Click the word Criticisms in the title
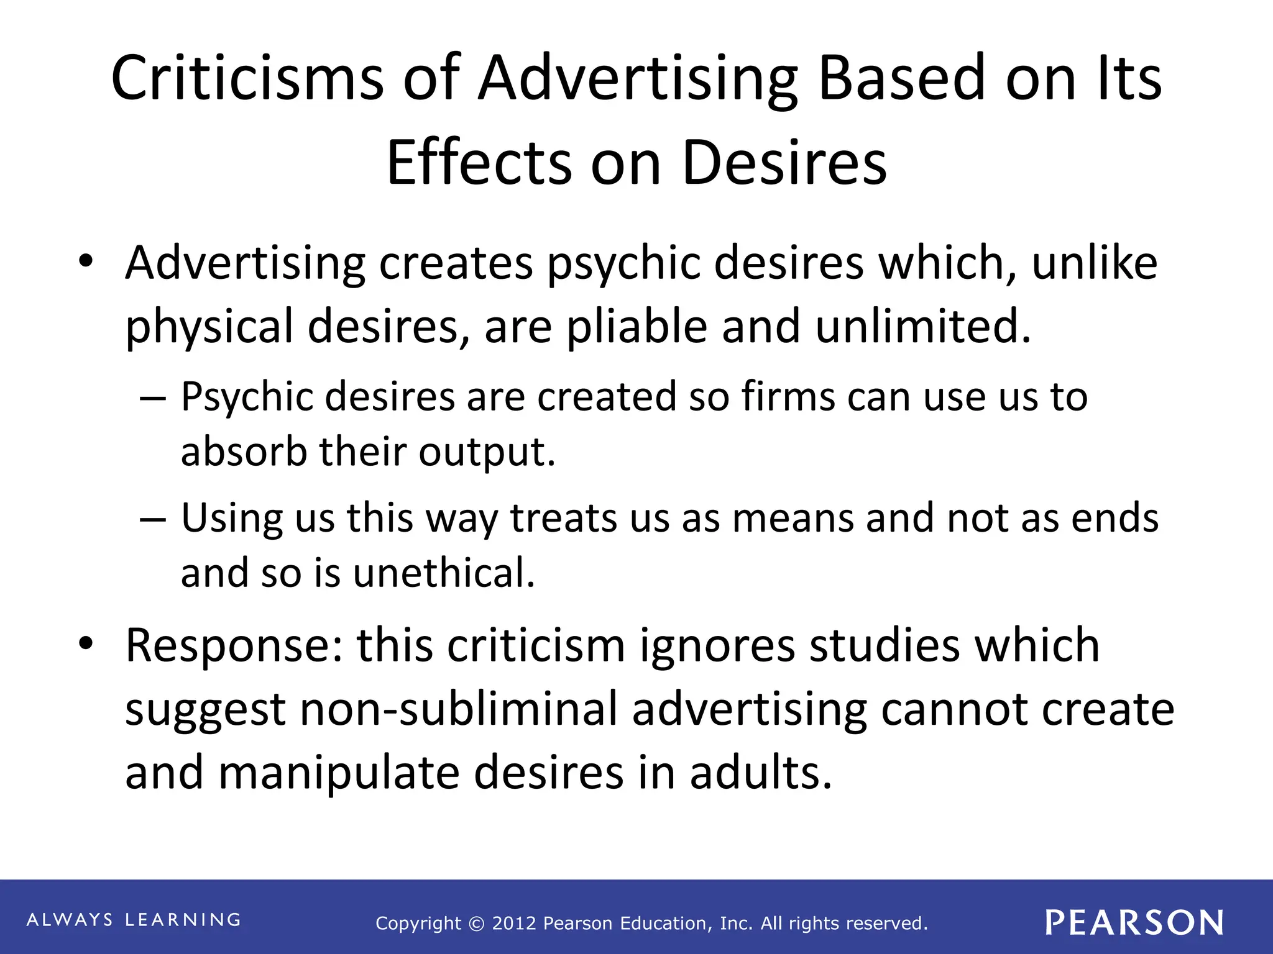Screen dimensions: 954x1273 247,78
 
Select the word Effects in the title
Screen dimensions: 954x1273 479,163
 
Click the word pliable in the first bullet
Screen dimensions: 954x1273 636,327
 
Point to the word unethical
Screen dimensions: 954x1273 444,573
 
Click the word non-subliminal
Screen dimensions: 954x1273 459,709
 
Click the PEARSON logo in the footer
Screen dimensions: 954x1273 1134,922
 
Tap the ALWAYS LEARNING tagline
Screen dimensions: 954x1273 134,920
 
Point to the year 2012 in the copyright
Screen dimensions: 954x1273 514,924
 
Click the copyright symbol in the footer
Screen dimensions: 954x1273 476,924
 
